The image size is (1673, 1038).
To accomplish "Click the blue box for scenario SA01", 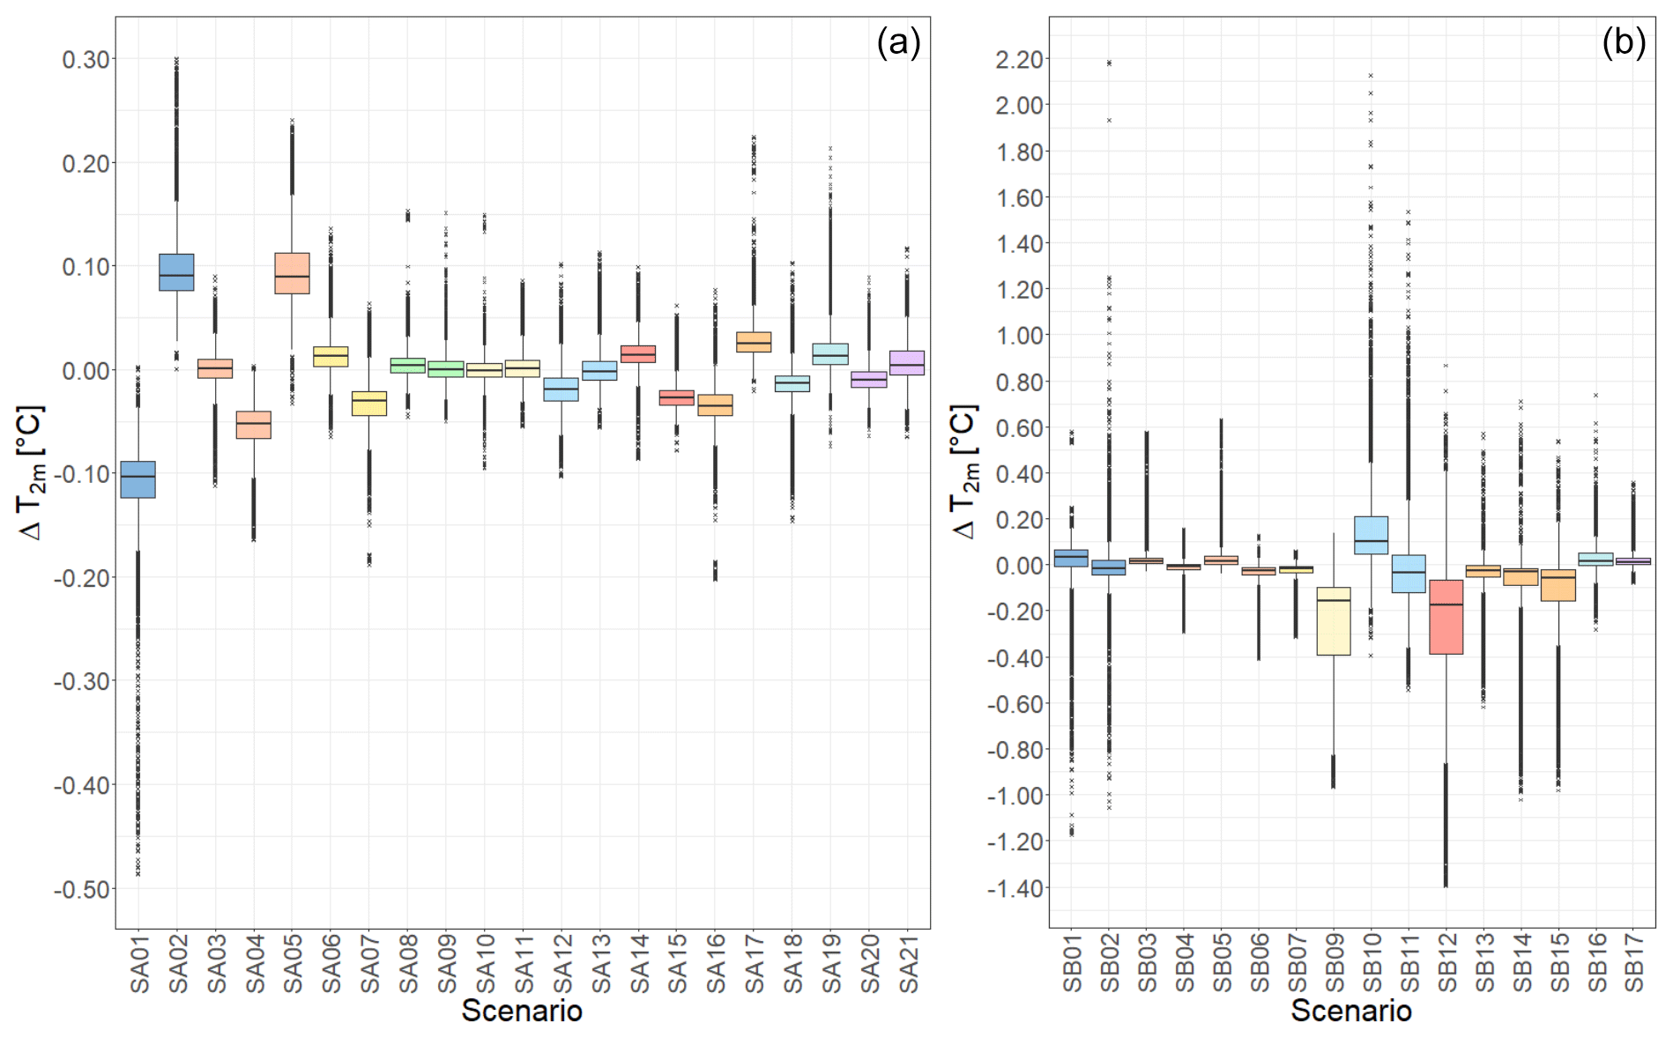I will [138, 479].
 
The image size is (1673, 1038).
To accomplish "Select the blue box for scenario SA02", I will [176, 272].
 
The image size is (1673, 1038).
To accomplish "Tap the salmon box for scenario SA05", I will [292, 273].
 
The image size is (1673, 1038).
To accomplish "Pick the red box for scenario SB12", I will [1446, 617].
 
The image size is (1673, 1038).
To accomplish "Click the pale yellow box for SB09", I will [1333, 621].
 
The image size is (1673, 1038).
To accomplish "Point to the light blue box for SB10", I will [1371, 535].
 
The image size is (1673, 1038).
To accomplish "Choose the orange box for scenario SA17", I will [754, 342].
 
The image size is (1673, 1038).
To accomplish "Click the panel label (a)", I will [897, 42].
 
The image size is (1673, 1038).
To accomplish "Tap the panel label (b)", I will [1623, 42].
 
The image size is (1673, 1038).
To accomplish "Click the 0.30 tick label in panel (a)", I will [86, 60].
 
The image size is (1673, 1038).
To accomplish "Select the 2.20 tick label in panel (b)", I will [1019, 60].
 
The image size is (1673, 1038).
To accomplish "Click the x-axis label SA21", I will [908, 963].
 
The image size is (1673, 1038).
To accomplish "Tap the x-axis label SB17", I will [1633, 963].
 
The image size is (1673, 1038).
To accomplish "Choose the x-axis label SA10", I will [485, 963].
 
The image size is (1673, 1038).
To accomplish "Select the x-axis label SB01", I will [1071, 963].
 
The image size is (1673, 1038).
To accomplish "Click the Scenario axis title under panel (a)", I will [522, 1011].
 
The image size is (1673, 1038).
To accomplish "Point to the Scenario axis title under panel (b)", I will [1351, 1011].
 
